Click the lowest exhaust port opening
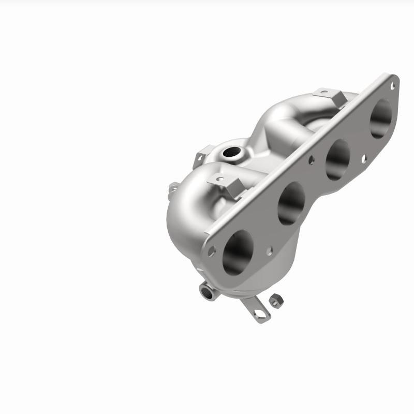238,252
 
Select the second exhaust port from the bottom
291,203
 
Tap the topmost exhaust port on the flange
381,118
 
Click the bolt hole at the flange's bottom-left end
211,251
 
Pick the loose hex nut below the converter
276,300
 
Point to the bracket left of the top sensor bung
201,158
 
